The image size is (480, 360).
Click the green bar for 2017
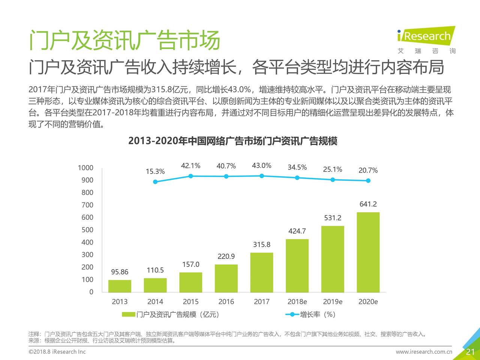coord(261,272)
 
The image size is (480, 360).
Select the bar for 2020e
coord(368,252)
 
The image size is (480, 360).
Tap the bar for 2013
coord(120,286)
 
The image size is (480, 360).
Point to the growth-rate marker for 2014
coord(155,182)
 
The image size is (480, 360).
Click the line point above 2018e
coord(297,178)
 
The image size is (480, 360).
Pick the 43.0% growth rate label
coord(261,166)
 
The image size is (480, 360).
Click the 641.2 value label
coord(368,204)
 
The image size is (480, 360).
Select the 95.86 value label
coord(120,272)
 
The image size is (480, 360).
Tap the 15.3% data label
coord(155,171)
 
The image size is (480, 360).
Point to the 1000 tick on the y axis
coord(85,168)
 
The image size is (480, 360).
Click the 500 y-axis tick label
coord(87,230)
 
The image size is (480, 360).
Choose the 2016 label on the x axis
coord(226,302)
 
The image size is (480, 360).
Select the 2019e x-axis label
coord(333,302)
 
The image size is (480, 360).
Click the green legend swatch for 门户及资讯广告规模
coord(128,315)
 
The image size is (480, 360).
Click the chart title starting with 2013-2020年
coord(232,141)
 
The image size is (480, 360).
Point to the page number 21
coord(470,352)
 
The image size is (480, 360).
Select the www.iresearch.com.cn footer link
coord(424,352)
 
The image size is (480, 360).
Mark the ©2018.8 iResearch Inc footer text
coord(57,352)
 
